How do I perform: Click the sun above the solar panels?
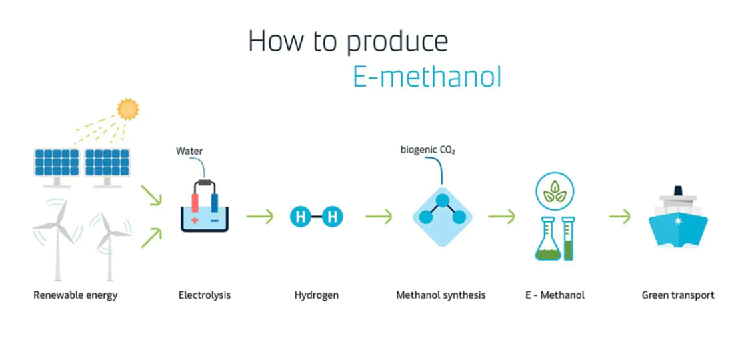tap(128, 109)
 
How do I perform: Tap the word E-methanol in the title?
tap(427, 77)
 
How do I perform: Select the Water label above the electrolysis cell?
tap(189, 151)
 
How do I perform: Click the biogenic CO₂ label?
tap(427, 150)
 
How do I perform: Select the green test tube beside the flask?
tap(569, 239)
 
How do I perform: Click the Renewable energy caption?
tap(75, 295)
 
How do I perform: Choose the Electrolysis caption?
tap(205, 295)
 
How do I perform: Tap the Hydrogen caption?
tap(316, 295)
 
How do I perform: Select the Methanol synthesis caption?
tap(441, 295)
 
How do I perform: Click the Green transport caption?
tap(678, 295)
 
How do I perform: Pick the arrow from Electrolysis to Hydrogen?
tap(260, 217)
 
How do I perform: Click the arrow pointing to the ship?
tap(620, 217)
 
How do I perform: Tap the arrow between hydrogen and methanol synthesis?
tap(379, 217)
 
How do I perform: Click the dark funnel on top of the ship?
tap(679, 191)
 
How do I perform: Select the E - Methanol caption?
tap(555, 295)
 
